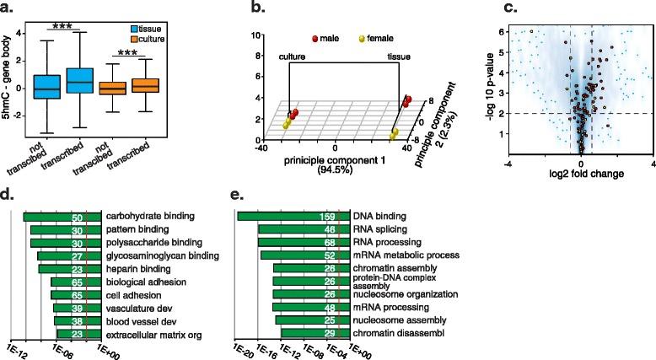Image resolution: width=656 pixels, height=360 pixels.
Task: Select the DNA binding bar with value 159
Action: (296, 217)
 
